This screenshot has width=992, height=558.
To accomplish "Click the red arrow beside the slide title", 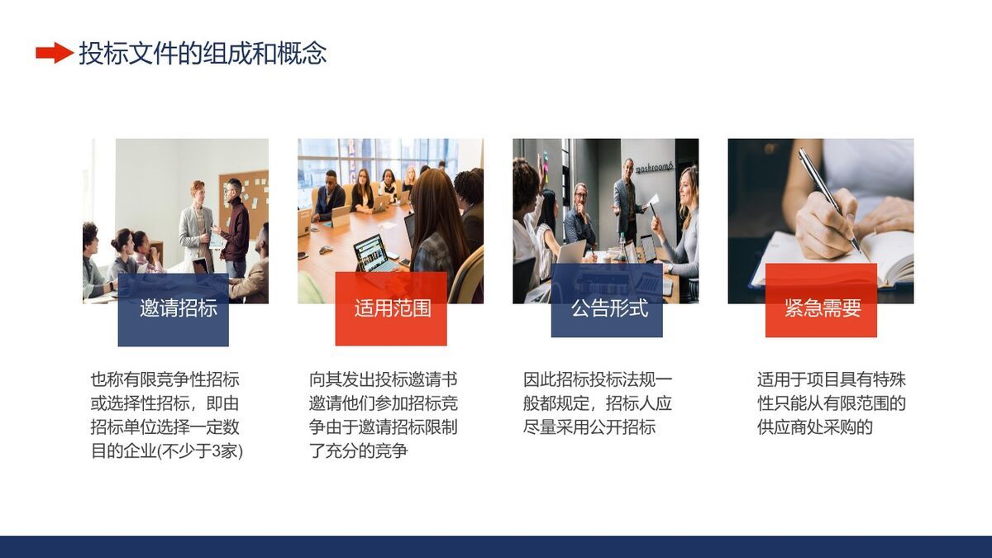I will (x=54, y=54).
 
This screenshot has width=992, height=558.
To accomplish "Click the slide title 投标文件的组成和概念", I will (x=203, y=54).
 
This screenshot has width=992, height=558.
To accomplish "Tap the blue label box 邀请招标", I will (x=174, y=309).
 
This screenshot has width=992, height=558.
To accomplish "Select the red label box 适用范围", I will (x=391, y=309).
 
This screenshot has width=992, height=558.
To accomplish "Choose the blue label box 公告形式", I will (x=607, y=309).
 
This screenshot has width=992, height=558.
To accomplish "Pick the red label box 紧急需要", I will (x=821, y=309).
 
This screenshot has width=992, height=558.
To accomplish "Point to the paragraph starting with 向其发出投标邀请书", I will (x=383, y=416).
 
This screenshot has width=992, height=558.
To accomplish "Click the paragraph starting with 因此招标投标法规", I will (x=598, y=403).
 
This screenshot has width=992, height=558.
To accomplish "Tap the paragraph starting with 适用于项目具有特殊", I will (x=831, y=403).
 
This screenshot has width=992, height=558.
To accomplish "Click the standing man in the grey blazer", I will (x=197, y=223).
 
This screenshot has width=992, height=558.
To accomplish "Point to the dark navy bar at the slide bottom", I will (x=496, y=546).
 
